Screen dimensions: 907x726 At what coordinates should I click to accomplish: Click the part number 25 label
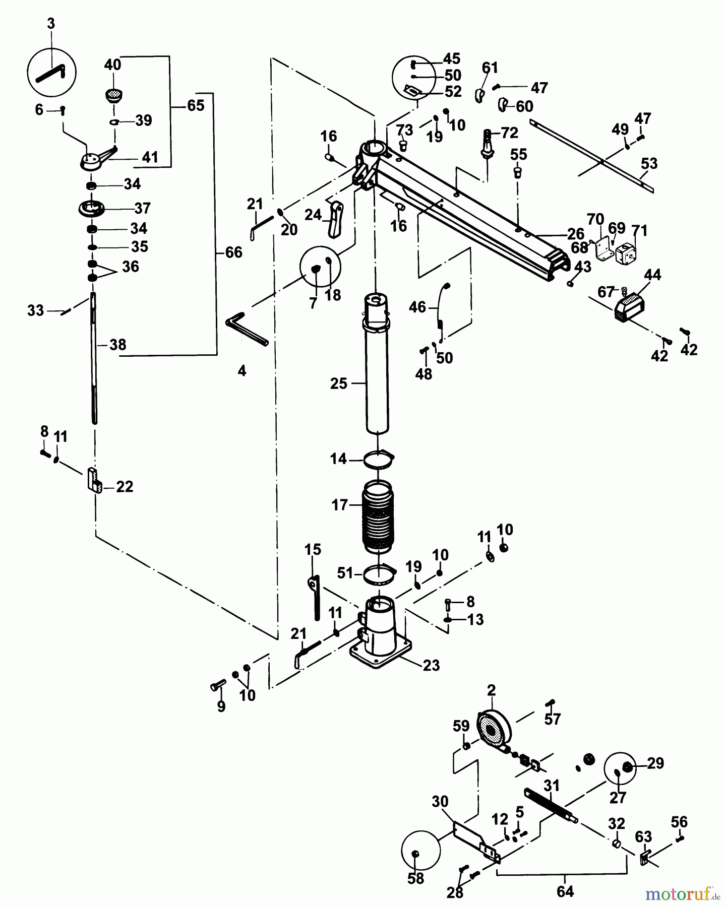pyautogui.click(x=338, y=383)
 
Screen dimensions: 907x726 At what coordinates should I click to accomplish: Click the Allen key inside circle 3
pyautogui.click(x=50, y=74)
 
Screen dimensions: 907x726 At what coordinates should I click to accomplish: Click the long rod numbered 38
pyautogui.click(x=94, y=358)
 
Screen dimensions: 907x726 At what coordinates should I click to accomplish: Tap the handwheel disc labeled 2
pyautogui.click(x=493, y=731)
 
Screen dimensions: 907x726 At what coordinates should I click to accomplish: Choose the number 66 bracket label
pyautogui.click(x=233, y=252)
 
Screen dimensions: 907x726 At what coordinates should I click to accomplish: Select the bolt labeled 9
pyautogui.click(x=218, y=686)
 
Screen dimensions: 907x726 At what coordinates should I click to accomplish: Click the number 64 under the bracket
pyautogui.click(x=565, y=891)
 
